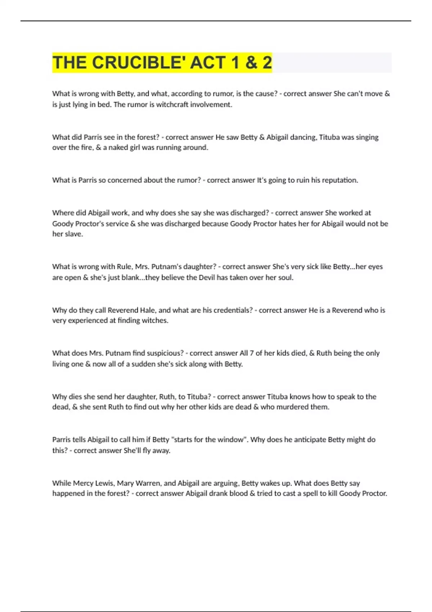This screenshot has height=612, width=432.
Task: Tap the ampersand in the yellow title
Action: (x=251, y=63)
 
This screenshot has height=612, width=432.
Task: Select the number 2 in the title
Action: (x=267, y=63)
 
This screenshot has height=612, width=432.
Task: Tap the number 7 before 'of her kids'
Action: (x=252, y=353)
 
